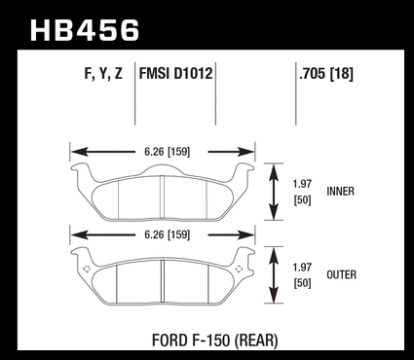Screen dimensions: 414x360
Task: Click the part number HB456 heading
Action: pyautogui.click(x=85, y=30)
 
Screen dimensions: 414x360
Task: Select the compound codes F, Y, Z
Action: pyautogui.click(x=103, y=74)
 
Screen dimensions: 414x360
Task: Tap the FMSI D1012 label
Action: pyautogui.click(x=175, y=73)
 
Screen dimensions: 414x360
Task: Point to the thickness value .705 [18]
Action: pyautogui.click(x=326, y=74)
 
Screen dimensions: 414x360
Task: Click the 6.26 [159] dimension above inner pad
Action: pyautogui.click(x=167, y=152)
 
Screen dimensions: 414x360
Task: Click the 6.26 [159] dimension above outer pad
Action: pyautogui.click(x=167, y=234)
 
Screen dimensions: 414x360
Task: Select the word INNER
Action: pyautogui.click(x=340, y=192)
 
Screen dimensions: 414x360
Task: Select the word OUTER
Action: pyautogui.click(x=341, y=274)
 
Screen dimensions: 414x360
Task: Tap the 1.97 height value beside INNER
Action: pyautogui.click(x=302, y=184)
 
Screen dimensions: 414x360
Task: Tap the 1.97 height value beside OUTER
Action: pyautogui.click(x=302, y=268)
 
